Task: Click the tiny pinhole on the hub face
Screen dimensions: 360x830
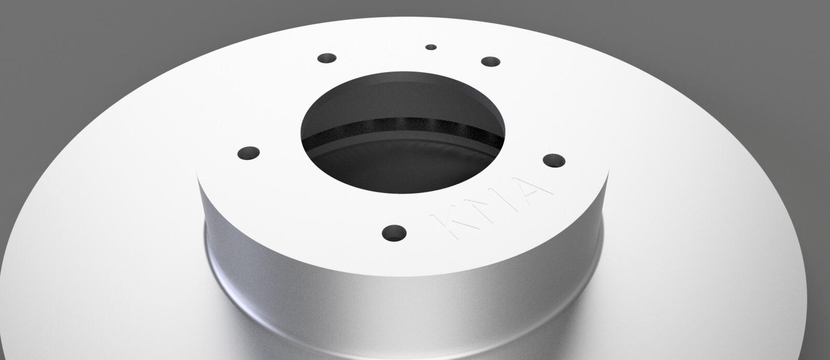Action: point(431,47)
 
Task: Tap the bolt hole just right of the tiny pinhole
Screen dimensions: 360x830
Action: point(490,62)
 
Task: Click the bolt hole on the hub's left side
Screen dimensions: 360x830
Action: point(249,153)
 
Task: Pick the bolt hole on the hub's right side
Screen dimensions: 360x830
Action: point(554,159)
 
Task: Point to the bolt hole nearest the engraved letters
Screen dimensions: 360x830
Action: point(394,233)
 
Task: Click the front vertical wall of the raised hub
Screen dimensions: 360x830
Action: point(394,306)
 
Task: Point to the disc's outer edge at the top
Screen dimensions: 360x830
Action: point(415,21)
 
